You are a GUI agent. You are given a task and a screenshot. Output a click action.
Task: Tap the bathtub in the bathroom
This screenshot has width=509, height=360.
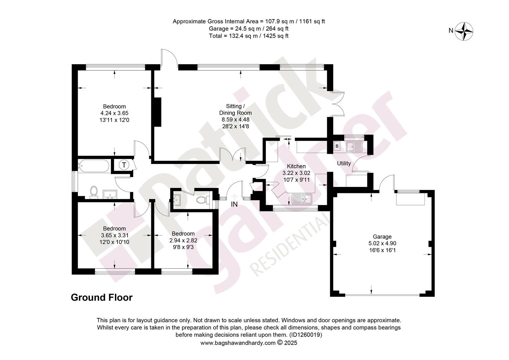[93, 166]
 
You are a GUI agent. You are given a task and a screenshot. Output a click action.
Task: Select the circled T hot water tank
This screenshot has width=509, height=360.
[124, 165]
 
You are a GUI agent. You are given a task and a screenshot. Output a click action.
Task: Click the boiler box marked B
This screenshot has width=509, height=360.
[337, 146]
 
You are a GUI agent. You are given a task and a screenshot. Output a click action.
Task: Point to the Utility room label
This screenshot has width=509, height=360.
[344, 163]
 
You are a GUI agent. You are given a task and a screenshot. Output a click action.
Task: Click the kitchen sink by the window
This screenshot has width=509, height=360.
[302, 199]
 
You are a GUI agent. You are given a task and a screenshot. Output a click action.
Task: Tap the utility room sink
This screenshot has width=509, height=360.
[354, 147]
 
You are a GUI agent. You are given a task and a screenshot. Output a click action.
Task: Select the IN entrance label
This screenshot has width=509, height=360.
[234, 204]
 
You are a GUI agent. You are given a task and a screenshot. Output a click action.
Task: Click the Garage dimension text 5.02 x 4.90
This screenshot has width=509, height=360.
[382, 243]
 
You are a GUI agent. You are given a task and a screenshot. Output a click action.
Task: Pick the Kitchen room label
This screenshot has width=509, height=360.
[296, 166]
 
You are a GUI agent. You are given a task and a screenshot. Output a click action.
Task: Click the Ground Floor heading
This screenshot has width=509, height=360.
[102, 297]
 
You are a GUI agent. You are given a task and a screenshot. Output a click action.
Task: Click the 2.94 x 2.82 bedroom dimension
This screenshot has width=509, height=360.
[183, 240]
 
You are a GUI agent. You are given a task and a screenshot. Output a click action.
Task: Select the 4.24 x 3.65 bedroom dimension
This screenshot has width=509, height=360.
[114, 113]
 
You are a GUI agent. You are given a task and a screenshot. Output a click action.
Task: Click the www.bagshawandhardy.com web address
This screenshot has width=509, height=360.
[238, 343]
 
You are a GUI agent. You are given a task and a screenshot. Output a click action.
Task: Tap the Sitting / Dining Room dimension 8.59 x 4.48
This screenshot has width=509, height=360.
[236, 119]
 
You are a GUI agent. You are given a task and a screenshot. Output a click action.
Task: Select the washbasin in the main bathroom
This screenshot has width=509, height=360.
[110, 194]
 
